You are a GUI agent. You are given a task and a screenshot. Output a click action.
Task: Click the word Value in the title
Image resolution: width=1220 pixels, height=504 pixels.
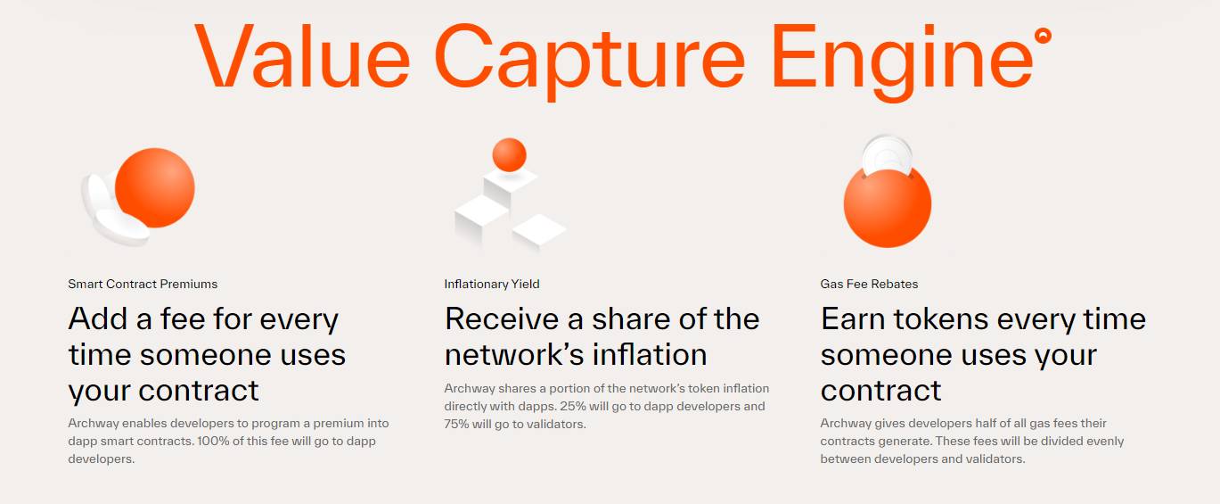pos(302,55)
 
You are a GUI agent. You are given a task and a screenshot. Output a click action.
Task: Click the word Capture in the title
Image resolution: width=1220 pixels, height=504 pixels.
pos(589,61)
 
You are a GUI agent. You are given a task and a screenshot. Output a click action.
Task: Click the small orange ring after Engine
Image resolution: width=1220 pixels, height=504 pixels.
pos(1043,36)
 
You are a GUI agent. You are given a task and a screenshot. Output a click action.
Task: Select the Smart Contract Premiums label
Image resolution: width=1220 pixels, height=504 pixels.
pos(143,285)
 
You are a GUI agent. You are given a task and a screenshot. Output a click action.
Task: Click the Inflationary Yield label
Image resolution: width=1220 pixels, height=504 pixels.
pos(492,285)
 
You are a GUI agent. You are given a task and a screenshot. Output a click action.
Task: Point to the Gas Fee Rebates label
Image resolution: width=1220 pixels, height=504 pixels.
pos(869,285)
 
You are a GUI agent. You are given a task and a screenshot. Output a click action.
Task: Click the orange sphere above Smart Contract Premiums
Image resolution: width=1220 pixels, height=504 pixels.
pos(155,187)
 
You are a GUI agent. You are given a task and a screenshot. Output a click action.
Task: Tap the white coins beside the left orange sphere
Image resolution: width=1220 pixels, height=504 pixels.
pos(111,210)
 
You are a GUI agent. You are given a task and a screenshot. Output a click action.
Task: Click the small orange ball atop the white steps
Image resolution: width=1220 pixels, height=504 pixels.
pos(509,155)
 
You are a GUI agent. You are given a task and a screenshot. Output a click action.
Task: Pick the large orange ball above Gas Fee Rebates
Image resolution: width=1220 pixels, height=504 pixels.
pos(888,207)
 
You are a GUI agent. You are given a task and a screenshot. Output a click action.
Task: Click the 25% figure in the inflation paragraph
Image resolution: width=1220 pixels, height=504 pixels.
pos(571,407)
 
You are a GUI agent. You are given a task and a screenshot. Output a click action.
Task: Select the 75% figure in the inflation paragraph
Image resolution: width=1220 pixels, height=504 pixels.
pos(456,425)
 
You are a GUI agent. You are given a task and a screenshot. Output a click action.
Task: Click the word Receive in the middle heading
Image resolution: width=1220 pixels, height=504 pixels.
pos(502,319)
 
